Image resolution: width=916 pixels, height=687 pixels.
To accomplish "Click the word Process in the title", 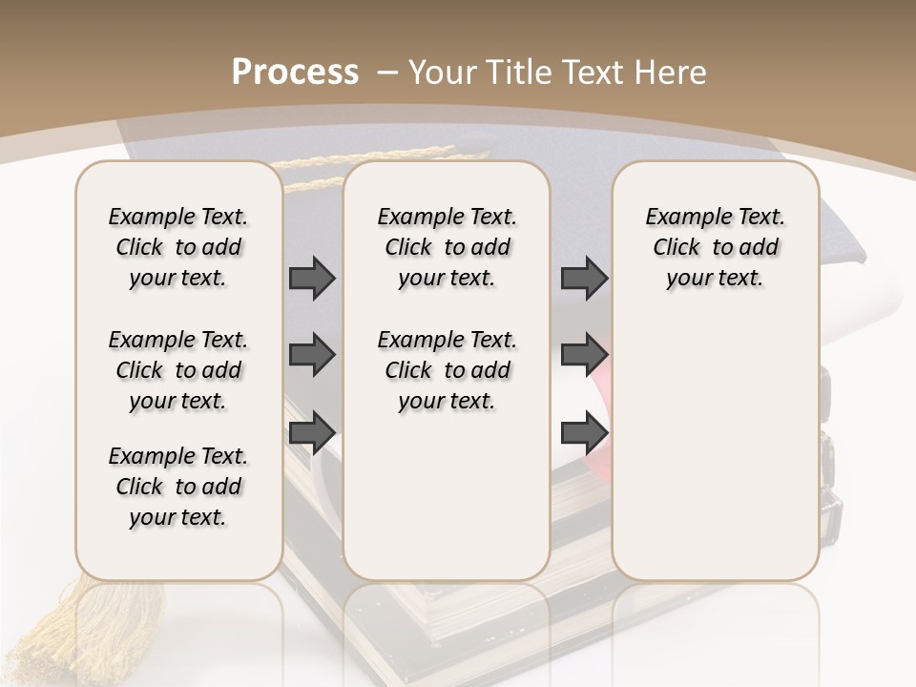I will coord(295,73).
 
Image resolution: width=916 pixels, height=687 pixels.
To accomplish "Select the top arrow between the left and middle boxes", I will coord(312,278).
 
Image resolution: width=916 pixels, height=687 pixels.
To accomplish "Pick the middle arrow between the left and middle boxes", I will coord(312,355).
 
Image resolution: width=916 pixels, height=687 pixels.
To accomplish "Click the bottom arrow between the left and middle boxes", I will coord(312,432).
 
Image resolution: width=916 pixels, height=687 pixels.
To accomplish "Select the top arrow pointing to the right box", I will coord(584,278).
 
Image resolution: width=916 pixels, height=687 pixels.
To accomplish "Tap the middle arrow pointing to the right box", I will coord(584,355).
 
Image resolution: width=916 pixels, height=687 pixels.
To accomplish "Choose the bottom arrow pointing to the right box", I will coord(584,432).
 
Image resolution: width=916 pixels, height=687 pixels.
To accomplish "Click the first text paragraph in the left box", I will coord(178,247).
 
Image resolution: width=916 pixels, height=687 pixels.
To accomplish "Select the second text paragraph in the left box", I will coord(178,370).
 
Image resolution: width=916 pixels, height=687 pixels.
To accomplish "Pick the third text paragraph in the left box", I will coord(178,487).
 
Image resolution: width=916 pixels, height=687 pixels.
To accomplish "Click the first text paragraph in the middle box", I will coord(447,247).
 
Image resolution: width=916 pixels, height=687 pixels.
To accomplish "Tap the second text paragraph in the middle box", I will coord(447,370).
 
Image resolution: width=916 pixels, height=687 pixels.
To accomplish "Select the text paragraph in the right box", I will coord(715,247).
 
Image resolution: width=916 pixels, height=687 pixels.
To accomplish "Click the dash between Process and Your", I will coord(386,73).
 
